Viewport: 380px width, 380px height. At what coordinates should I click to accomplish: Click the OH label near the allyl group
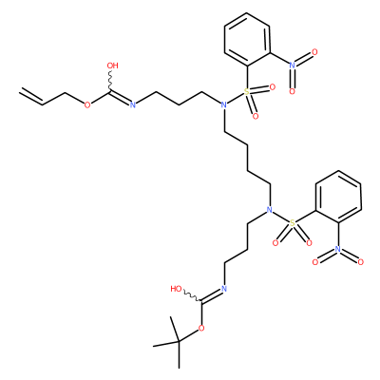point(112,66)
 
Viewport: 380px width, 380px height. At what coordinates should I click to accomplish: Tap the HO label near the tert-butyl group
point(176,289)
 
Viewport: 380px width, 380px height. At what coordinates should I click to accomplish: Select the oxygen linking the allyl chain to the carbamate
point(87,104)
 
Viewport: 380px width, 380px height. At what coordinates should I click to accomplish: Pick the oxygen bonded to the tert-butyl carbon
point(201,328)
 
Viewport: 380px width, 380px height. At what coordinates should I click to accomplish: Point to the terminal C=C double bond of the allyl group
point(31,96)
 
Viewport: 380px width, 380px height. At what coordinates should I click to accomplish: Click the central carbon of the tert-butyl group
point(179,341)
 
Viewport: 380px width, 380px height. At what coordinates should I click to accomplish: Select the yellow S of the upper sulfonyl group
point(247,92)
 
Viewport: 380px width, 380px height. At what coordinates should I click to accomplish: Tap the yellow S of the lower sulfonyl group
point(293,223)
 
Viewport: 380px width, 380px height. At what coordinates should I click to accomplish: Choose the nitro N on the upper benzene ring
point(293,66)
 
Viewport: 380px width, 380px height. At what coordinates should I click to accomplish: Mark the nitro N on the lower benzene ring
point(338,250)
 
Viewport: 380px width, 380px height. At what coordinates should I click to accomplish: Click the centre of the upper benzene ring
point(247,39)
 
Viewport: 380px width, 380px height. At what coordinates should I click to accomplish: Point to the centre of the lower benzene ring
point(338,197)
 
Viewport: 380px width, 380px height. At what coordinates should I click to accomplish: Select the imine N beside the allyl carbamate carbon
point(133,104)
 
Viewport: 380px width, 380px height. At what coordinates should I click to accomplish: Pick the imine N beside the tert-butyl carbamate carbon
point(224,289)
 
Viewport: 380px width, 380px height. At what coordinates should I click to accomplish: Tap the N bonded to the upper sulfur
point(224,104)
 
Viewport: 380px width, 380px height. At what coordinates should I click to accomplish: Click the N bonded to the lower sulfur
point(270,210)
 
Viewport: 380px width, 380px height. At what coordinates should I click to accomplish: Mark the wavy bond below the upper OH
point(111,81)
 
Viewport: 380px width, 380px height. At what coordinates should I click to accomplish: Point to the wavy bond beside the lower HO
point(192,296)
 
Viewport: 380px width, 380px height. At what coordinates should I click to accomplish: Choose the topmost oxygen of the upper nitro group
point(314,52)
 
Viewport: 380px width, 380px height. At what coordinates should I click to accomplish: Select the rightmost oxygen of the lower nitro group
point(361,262)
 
